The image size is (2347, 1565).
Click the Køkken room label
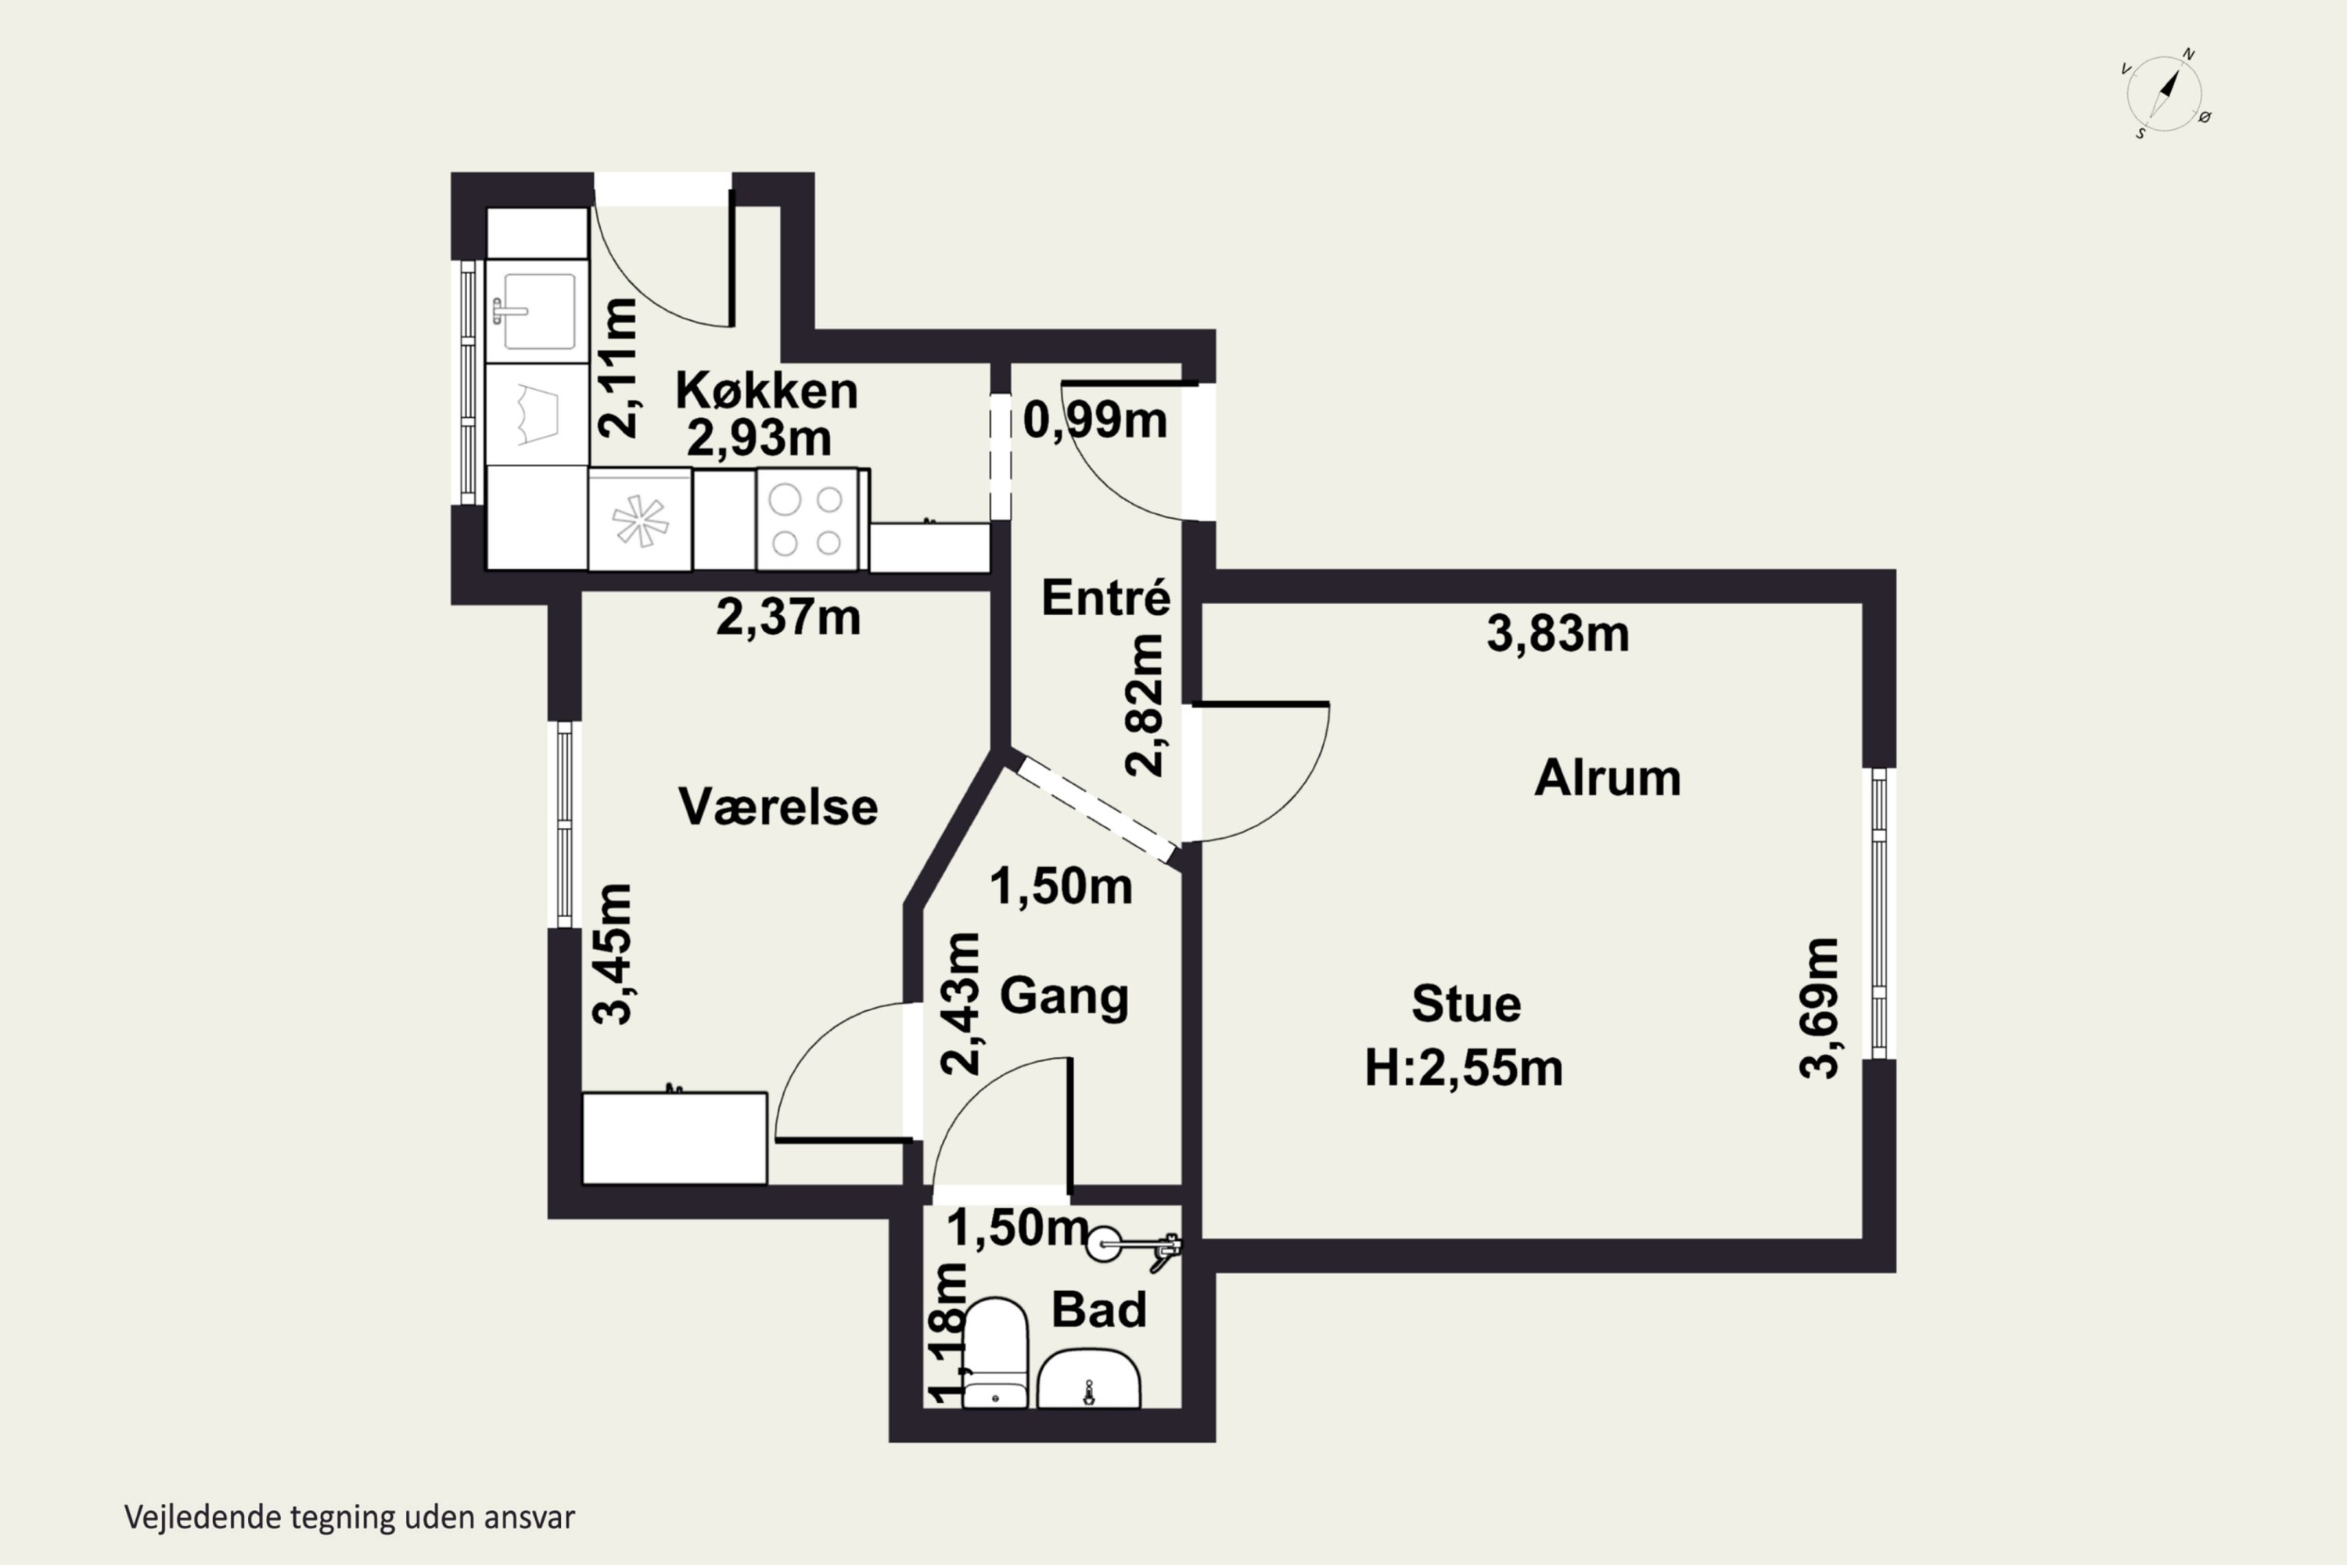pyautogui.click(x=767, y=390)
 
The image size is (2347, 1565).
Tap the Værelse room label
pyautogui.click(x=778, y=807)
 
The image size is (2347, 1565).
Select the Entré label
pyautogui.click(x=1105, y=598)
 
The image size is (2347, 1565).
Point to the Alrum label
pyautogui.click(x=1608, y=779)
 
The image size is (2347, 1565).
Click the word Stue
pyautogui.click(x=1466, y=1004)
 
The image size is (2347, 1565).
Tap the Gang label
pyautogui.click(x=1064, y=996)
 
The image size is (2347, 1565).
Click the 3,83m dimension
pyautogui.click(x=1558, y=634)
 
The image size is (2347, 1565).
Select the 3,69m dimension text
pyautogui.click(x=1818, y=1008)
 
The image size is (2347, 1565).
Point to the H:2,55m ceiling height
pyautogui.click(x=1463, y=1069)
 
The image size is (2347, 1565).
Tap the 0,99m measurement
pyautogui.click(x=1094, y=420)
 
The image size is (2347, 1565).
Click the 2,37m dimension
pyautogui.click(x=789, y=618)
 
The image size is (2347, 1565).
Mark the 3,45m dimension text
pyautogui.click(x=612, y=953)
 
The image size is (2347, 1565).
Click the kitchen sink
pyautogui.click(x=537, y=311)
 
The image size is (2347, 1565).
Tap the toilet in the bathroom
pyautogui.click(x=995, y=1352)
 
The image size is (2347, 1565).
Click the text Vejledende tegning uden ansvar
pyautogui.click(x=349, y=1517)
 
